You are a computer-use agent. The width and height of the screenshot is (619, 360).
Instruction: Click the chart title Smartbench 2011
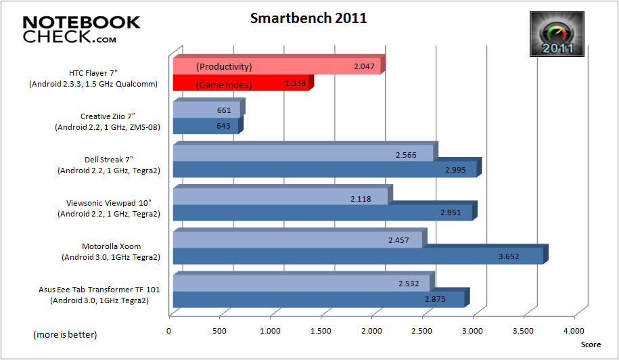coord(308,18)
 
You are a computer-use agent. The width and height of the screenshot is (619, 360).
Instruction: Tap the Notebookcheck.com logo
coord(81,30)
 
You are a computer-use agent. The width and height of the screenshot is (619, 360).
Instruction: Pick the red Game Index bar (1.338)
coord(240,84)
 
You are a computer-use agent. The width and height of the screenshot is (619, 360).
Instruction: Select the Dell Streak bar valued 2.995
coord(325,169)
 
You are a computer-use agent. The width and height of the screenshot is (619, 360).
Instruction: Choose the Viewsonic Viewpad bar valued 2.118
coord(280,197)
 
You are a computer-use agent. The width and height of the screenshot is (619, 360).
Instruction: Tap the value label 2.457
coord(397,240)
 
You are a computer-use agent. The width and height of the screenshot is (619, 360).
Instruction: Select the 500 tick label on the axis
coord(219,330)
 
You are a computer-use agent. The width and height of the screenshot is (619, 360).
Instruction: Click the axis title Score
coord(590,344)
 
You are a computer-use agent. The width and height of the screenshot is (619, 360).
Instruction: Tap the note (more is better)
coord(65,335)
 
